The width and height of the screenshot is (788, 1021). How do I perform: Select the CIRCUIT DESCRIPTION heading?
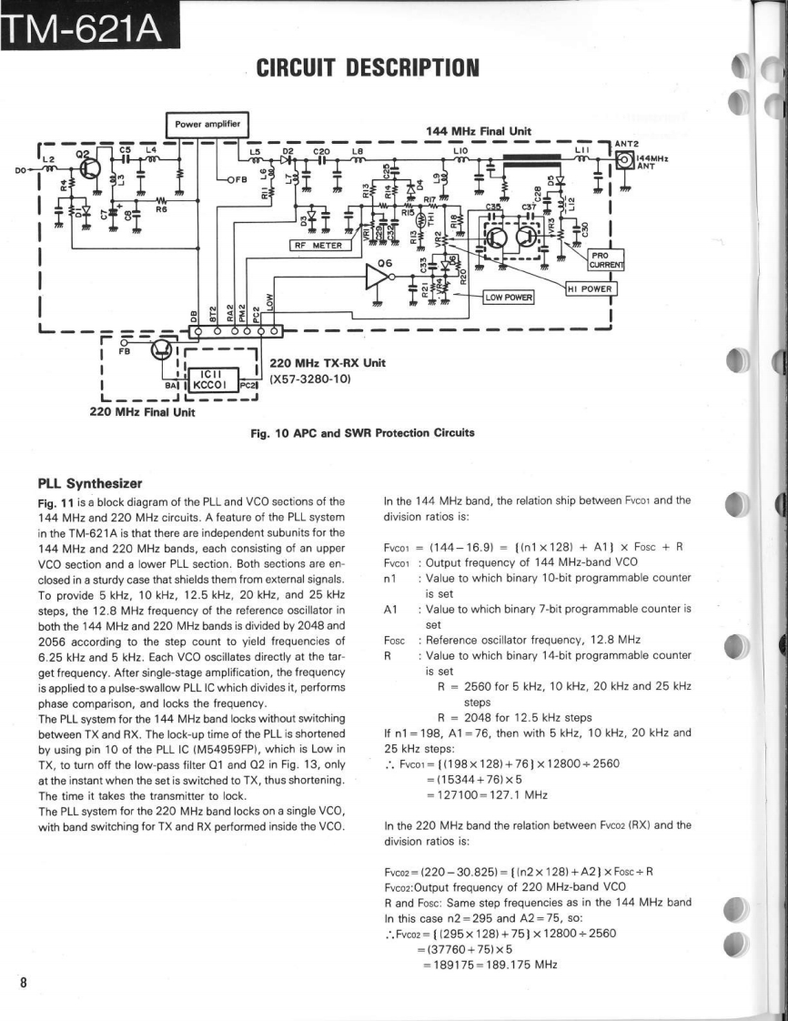367,66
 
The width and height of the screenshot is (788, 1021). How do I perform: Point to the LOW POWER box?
510,297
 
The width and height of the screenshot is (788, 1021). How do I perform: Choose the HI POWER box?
591,288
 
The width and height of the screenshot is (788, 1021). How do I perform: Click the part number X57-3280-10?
310,378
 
